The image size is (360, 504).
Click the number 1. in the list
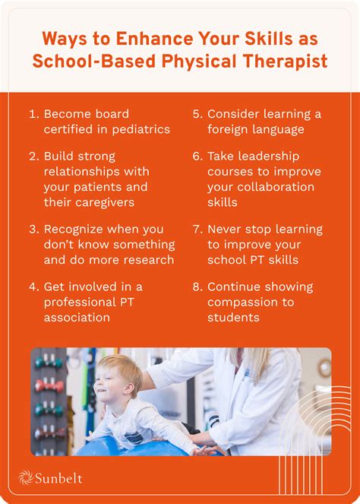click(x=33, y=114)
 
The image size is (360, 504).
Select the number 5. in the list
click(x=197, y=114)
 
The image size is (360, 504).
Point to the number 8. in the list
click(x=197, y=287)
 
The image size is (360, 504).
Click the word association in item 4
click(x=77, y=318)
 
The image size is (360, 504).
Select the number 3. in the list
click(x=33, y=230)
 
